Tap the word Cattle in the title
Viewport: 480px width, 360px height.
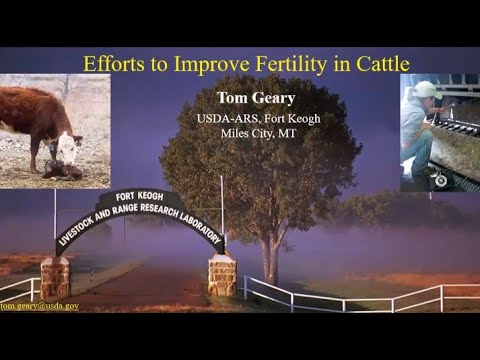pos(379,64)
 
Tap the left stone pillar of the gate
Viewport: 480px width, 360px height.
pos(55,277)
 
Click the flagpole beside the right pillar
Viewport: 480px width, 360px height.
pos(222,215)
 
